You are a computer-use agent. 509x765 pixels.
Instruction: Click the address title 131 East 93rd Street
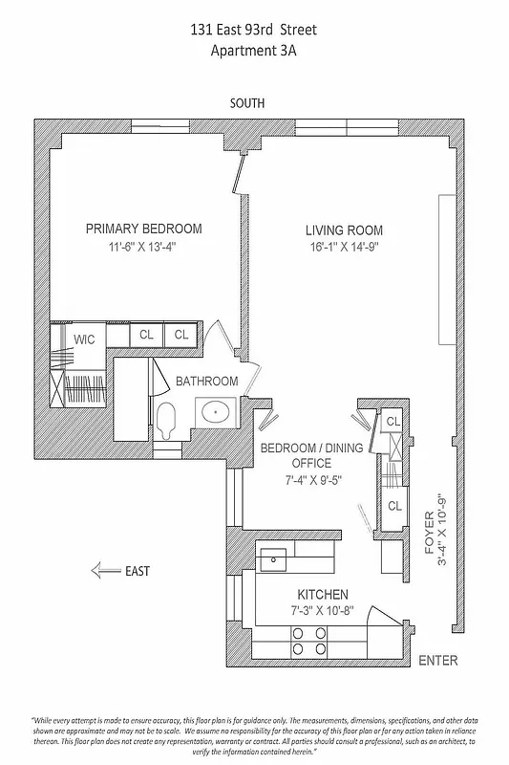coord(254,32)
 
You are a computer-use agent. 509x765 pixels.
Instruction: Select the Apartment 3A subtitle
coord(254,53)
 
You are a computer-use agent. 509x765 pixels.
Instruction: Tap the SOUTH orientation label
coord(246,103)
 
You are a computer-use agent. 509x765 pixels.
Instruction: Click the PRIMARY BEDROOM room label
coord(143,229)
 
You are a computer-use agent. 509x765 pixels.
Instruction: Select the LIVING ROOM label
coord(345,230)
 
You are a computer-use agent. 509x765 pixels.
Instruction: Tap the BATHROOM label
coord(206,381)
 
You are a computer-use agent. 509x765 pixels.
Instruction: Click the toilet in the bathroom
coord(168,418)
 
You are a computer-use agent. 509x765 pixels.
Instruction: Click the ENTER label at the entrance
coord(438,661)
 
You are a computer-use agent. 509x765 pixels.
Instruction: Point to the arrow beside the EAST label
coord(103,571)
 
